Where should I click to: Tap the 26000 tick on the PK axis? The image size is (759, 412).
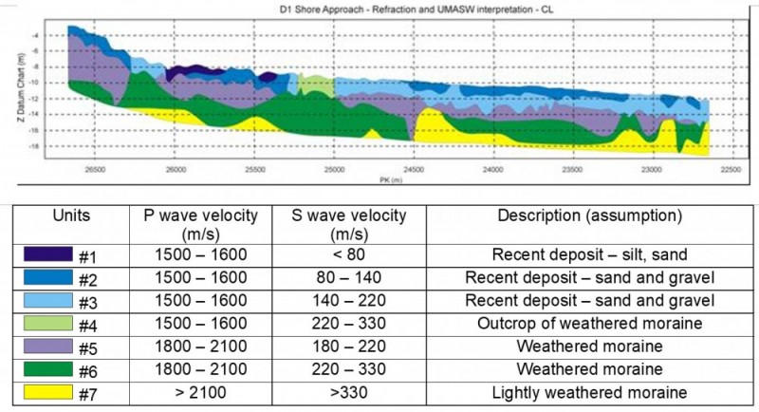(175, 170)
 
